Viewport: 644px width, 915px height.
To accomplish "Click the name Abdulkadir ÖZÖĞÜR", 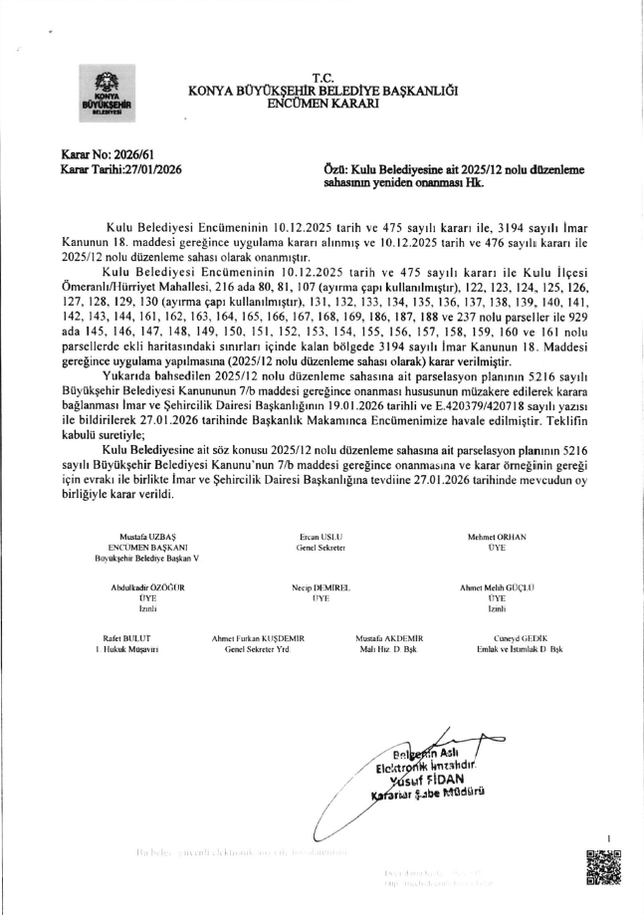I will point(147,587).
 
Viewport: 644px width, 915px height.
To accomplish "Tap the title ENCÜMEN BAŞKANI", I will point(140,548).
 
